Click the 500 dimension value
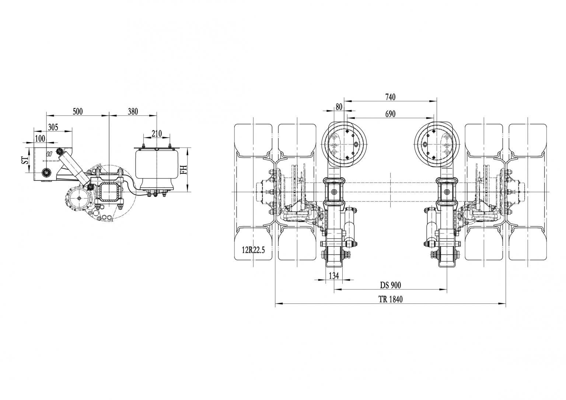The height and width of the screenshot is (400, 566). point(77,112)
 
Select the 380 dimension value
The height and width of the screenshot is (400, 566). point(133,112)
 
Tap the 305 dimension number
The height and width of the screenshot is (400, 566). point(53,127)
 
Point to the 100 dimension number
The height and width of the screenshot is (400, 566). point(40,138)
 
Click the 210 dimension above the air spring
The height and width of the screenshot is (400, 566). point(157,133)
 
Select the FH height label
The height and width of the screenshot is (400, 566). point(183,169)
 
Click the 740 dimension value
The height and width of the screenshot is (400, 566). point(390,97)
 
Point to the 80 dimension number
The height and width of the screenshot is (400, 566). point(339,107)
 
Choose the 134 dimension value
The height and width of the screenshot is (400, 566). point(333,276)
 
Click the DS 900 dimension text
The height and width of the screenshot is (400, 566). point(390,285)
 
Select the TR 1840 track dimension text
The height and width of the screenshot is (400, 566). point(390,299)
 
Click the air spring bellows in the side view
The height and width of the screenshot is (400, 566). point(157,168)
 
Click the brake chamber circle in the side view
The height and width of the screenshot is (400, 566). point(79,199)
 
